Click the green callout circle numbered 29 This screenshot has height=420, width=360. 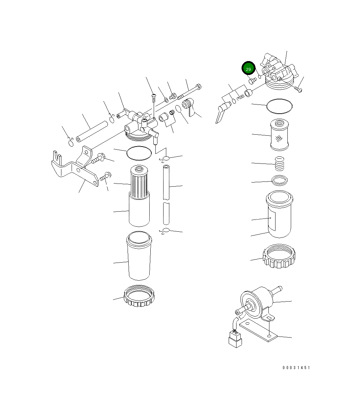[248, 69]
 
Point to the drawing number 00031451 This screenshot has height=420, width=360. [296, 367]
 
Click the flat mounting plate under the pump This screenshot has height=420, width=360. [258, 331]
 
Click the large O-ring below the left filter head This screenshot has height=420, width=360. [138, 153]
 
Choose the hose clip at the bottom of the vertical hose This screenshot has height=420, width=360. [165, 231]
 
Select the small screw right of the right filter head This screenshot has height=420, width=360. [298, 89]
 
